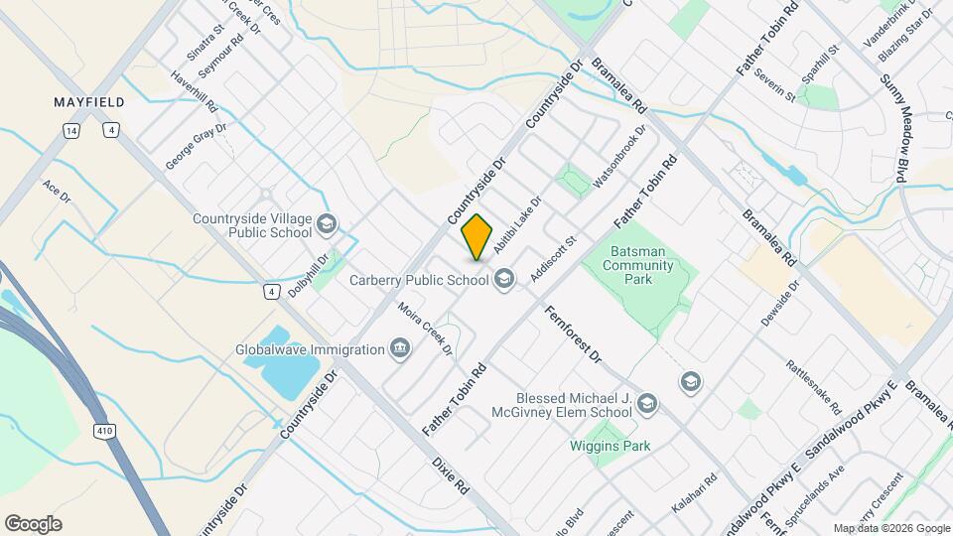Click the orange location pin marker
click(x=477, y=236)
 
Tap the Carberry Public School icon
click(x=505, y=280)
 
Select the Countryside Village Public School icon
click(x=327, y=225)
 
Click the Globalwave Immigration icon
click(x=399, y=348)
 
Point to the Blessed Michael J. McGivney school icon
click(x=647, y=403)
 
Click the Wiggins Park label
click(x=610, y=446)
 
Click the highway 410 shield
click(x=103, y=431)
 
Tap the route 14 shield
click(x=70, y=130)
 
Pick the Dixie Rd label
click(x=450, y=476)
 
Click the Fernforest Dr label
click(x=573, y=333)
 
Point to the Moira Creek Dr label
click(x=426, y=330)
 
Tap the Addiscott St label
click(x=553, y=259)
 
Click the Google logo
click(x=33, y=523)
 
